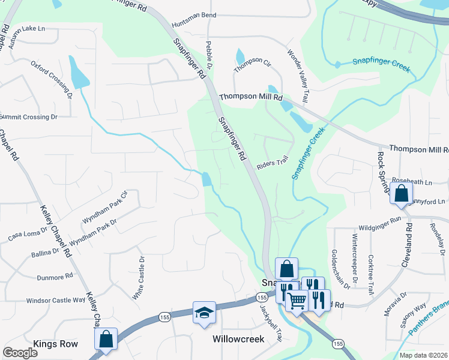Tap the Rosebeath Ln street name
coord(412,181)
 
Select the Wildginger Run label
coord(379,220)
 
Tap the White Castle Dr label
coord(138,278)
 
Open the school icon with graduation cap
coord(204,313)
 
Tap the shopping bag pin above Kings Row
coord(106,338)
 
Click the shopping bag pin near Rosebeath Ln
coord(401,194)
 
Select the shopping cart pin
coord(297,301)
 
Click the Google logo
coord(20,352)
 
